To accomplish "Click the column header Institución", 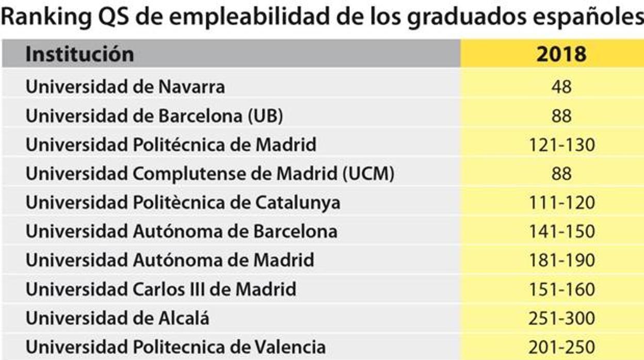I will click(79, 54).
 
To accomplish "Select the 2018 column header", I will click(561, 54).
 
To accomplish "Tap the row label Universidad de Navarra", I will click(125, 87).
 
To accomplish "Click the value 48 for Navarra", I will click(561, 87).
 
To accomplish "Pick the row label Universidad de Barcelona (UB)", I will click(154, 116).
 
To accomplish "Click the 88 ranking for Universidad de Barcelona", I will click(561, 116).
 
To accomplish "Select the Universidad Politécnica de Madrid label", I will click(171, 144).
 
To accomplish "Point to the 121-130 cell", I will click(561, 144).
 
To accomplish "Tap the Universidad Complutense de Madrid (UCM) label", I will click(210, 173).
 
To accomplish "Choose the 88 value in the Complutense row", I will click(561, 173).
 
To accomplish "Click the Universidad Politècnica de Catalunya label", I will click(183, 202).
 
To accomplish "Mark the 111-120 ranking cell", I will click(561, 202).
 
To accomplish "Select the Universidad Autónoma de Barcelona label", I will click(182, 231).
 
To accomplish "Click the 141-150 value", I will click(561, 231).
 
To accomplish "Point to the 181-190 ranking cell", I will click(561, 260).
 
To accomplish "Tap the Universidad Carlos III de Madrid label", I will click(161, 289).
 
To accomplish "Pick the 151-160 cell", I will click(561, 289).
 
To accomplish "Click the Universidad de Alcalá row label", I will click(118, 318).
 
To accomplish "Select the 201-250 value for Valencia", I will click(561, 347).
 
